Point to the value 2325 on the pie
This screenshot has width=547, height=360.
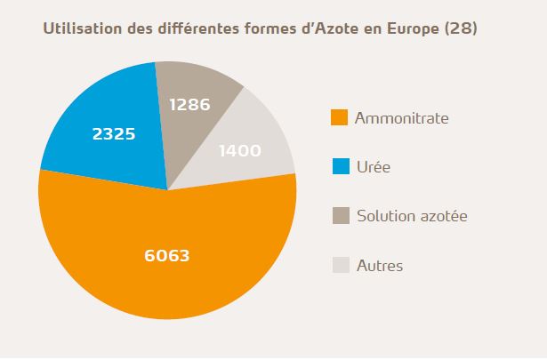(114, 135)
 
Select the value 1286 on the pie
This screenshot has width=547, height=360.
(189, 105)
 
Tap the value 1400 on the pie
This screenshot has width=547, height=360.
(239, 150)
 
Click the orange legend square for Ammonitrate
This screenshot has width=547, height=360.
(338, 117)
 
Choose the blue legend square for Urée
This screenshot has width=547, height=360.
(338, 166)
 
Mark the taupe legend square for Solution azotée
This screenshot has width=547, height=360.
(338, 215)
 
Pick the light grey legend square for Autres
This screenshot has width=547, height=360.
(338, 264)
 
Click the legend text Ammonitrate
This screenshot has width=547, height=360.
(401, 117)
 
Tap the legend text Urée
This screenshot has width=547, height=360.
(373, 166)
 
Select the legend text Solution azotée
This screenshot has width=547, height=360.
(412, 215)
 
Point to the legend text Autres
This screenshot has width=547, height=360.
(380, 264)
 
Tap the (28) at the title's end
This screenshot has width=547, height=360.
(463, 28)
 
